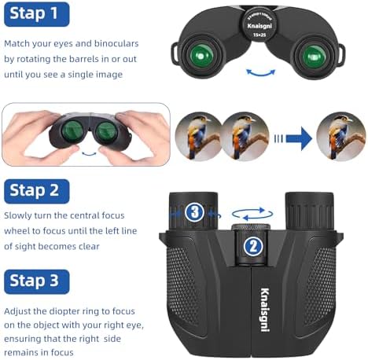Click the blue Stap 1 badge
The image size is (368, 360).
(37, 14)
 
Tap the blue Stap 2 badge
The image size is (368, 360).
(37, 191)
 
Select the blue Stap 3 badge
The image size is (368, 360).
(37, 281)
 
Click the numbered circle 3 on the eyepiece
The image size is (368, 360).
(195, 212)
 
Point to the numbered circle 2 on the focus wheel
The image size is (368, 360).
(253, 247)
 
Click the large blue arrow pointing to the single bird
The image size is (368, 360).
(298, 138)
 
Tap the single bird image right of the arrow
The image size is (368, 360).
(340, 136)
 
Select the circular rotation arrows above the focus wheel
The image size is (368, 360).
(252, 214)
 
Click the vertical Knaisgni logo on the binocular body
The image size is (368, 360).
(265, 310)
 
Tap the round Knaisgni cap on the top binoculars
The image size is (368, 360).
(259, 25)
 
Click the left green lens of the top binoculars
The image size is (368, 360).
(201, 56)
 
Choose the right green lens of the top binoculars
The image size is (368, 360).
(314, 56)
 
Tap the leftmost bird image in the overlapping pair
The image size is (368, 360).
(198, 136)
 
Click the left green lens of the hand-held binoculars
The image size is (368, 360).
(72, 130)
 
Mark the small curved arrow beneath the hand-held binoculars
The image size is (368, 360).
(89, 153)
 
